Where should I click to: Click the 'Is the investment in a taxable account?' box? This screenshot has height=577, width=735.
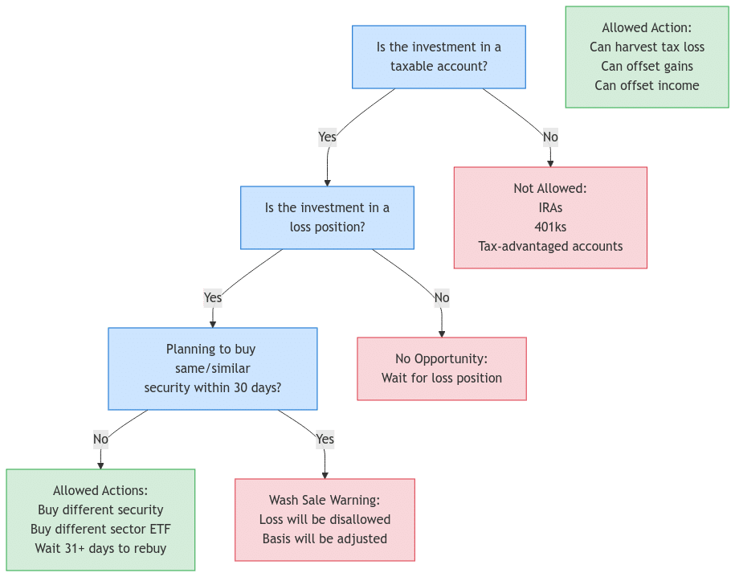click(x=439, y=57)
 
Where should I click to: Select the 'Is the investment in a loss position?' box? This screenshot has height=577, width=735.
click(x=327, y=218)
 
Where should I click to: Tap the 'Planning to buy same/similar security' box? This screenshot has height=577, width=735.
click(x=212, y=369)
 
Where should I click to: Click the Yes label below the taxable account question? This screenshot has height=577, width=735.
click(x=327, y=137)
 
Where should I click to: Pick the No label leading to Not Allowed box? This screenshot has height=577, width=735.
click(x=550, y=137)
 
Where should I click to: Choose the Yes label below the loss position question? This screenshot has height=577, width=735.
click(x=212, y=298)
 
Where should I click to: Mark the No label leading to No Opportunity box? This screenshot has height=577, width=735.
click(x=442, y=298)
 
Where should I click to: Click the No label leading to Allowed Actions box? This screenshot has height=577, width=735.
click(x=100, y=440)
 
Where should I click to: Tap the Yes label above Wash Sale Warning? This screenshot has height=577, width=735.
click(x=325, y=440)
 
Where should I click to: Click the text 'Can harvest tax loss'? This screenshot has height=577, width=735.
click(x=647, y=47)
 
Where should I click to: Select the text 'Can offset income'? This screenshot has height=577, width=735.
click(x=647, y=86)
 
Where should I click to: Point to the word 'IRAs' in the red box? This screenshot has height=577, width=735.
click(x=550, y=208)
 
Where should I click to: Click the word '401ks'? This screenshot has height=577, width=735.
click(x=550, y=227)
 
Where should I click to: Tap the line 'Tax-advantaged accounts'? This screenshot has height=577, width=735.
click(x=550, y=247)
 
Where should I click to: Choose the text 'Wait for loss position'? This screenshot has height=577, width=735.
click(x=442, y=379)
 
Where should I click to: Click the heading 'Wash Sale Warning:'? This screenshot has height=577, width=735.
click(x=325, y=501)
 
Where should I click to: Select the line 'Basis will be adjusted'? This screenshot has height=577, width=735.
click(x=325, y=539)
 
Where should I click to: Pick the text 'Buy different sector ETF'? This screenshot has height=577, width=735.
click(x=100, y=530)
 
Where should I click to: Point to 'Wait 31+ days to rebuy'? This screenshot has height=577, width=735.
click(x=100, y=549)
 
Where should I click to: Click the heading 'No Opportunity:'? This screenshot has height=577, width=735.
click(x=442, y=359)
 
